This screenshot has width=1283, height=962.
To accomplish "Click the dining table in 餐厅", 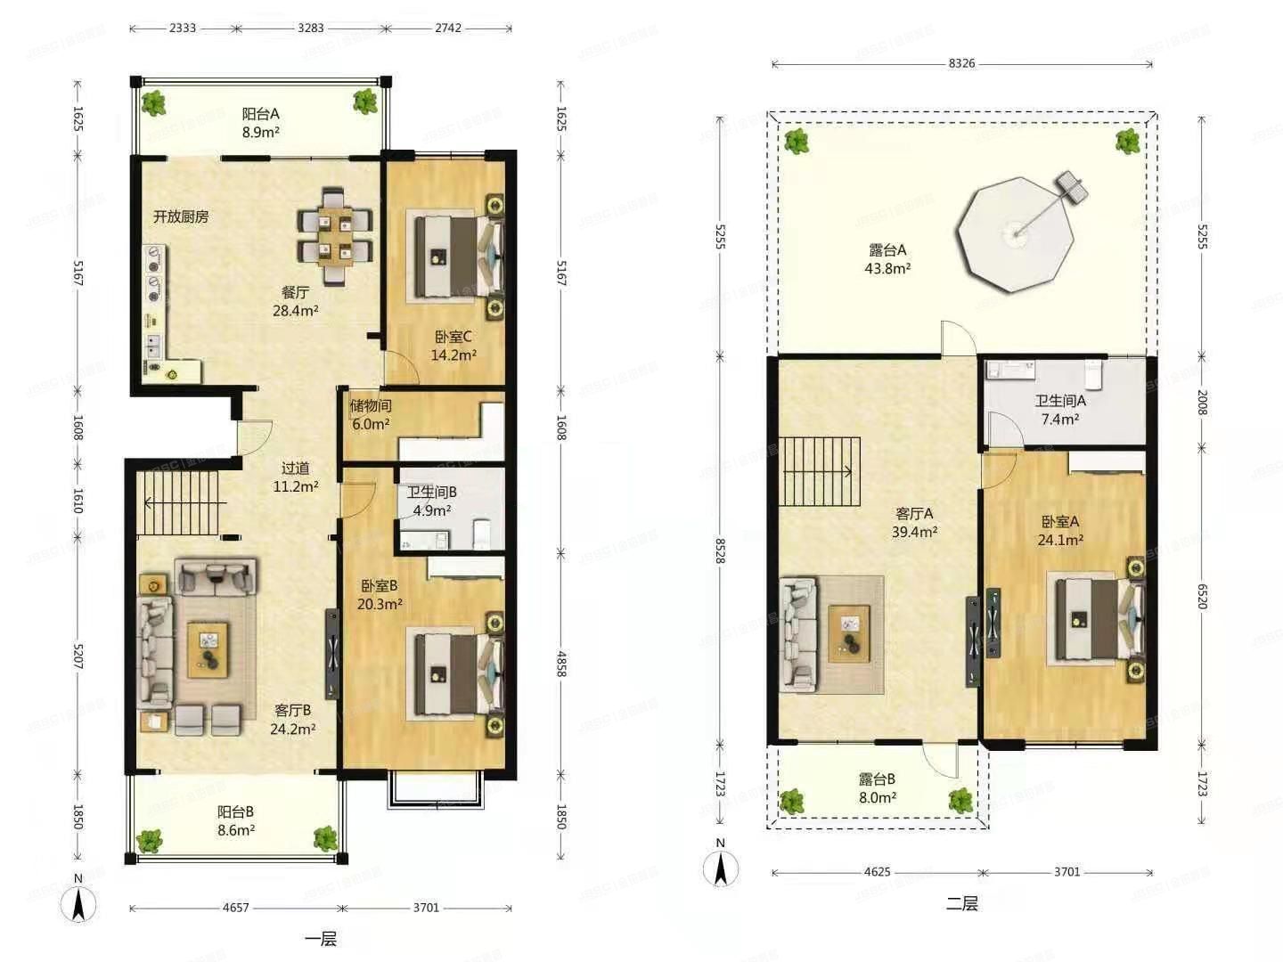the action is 334,236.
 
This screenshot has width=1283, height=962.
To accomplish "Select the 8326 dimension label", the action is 961,63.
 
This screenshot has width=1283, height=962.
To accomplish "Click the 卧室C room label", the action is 453,337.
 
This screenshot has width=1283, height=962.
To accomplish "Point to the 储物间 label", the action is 371,405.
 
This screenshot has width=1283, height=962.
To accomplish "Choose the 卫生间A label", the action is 1060,401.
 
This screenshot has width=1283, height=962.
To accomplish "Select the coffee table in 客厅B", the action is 208,649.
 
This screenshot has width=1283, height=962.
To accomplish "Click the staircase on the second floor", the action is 819,472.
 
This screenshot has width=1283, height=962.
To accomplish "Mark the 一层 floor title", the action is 321,939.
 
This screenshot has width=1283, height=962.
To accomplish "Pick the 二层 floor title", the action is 962,903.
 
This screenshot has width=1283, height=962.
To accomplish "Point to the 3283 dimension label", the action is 310,28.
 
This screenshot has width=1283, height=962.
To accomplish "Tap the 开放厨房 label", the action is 181,216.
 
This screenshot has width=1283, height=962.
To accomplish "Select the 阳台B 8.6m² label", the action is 235,820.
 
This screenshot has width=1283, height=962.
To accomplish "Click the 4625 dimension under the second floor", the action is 878,872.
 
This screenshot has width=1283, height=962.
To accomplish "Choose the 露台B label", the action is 877,779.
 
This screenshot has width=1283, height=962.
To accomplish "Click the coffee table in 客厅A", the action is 849,633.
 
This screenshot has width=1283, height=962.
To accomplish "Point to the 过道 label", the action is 295,469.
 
